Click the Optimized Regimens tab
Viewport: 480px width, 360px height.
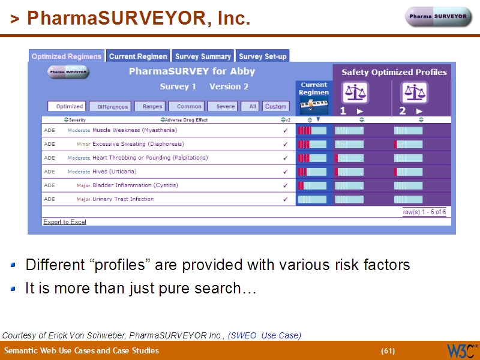[67, 56]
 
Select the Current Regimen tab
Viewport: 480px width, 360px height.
[138, 56]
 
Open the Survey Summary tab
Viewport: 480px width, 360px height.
[203, 56]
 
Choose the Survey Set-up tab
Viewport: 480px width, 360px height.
[263, 56]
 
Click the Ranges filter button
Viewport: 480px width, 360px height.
[152, 106]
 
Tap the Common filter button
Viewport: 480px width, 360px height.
[189, 106]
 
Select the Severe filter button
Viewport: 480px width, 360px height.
[226, 106]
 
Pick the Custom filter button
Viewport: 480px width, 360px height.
[276, 106]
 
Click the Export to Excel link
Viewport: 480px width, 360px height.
[65, 222]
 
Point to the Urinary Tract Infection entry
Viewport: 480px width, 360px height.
[123, 199]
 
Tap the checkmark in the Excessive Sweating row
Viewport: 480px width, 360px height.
[285, 144]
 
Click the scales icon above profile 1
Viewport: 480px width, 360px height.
[355, 92]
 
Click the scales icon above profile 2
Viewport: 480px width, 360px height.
[415, 92]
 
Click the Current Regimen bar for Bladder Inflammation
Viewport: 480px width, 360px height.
[312, 185]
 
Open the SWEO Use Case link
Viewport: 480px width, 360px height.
[265, 335]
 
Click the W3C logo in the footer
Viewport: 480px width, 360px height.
[461, 350]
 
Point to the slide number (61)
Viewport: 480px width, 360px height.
[388, 351]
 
